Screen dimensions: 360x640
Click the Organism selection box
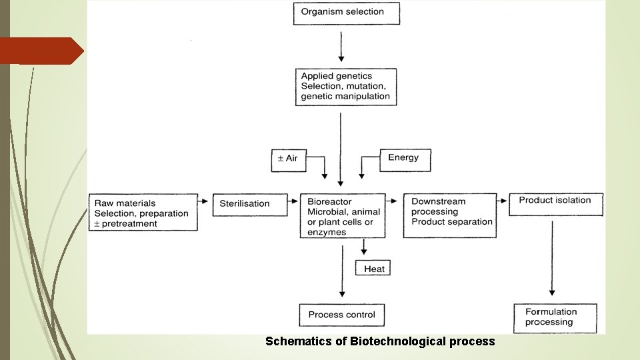coord(347,13)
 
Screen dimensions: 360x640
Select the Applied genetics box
coord(345,86)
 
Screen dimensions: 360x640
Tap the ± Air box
coord(288,159)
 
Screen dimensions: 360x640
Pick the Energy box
coord(404,159)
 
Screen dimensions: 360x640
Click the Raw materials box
coord(143,213)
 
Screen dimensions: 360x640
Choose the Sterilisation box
coord(245,203)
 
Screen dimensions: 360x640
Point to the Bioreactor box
coord(342,216)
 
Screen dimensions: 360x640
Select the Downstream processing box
coord(450,215)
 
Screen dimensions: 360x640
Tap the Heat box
coord(374,268)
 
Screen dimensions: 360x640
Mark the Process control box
coord(342,314)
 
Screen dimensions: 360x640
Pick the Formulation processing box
coord(555,317)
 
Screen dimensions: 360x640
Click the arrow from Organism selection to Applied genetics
coord(341,47)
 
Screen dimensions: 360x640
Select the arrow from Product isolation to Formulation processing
coord(552,257)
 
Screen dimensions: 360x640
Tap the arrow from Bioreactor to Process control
coord(343,270)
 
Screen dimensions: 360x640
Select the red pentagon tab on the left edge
coord(40,51)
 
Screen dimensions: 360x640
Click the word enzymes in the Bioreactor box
coord(327,232)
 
